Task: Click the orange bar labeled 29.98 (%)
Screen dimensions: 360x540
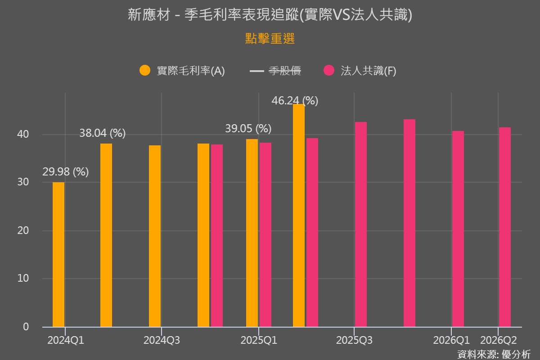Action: (58, 254)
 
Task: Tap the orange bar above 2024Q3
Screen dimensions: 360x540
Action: (155, 236)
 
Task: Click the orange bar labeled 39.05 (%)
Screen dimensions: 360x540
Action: (252, 233)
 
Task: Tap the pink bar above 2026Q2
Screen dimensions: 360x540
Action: (505, 227)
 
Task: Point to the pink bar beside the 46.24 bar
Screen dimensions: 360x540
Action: (312, 232)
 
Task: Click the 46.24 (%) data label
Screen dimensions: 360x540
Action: (295, 101)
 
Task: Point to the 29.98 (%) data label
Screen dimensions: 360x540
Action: (66, 172)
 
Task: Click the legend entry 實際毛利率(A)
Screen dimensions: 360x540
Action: (182, 71)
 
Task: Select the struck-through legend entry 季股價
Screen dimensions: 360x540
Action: (275, 71)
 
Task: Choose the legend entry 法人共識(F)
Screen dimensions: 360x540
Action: (360, 71)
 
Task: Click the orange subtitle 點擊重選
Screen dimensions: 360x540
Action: (270, 39)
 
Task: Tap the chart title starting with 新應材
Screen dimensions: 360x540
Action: (270, 15)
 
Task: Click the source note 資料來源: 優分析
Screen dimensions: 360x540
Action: (494, 354)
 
